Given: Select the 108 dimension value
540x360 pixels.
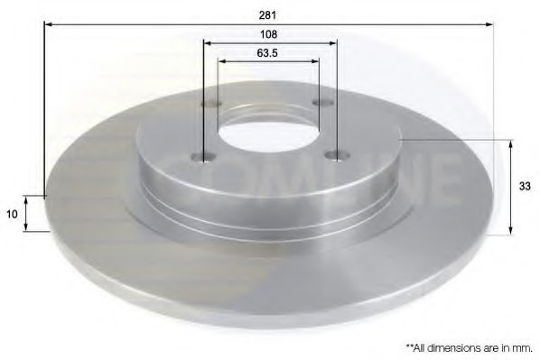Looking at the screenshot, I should [x=268, y=34].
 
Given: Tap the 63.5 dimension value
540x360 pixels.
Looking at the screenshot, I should [x=267, y=52].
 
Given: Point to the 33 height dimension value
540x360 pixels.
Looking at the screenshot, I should [x=524, y=186].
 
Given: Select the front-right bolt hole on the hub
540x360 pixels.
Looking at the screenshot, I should [x=338, y=155].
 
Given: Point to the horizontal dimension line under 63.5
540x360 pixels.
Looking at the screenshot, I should [x=268, y=62].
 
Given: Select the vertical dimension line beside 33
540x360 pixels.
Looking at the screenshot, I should [x=512, y=186].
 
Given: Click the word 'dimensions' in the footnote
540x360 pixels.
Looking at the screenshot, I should [x=465, y=346].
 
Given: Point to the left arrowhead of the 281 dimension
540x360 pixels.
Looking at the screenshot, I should [x=47, y=25].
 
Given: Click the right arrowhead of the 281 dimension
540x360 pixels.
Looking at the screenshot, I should [x=490, y=25].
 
